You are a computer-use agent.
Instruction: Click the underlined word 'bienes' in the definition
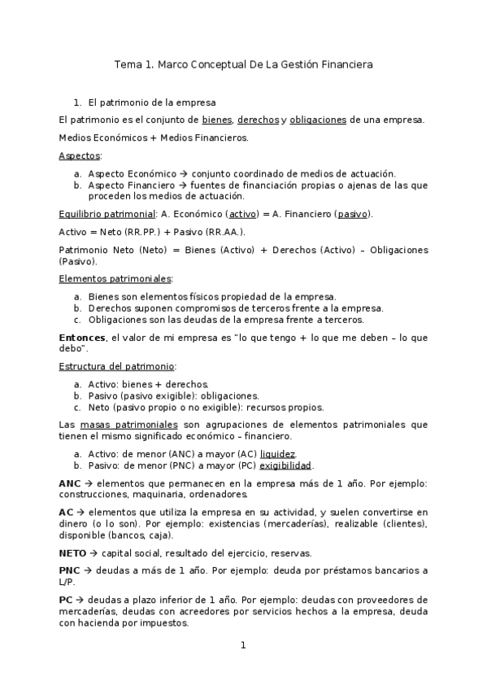pos(216,120)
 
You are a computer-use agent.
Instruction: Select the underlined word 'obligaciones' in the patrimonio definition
pos(318,120)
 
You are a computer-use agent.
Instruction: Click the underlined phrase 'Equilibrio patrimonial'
pos(107,214)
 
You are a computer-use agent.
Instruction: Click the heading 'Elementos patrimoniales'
pos(115,278)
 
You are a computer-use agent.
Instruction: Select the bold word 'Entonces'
pos(82,337)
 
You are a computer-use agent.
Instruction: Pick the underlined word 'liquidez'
pos(278,453)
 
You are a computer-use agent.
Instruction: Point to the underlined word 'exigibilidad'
pos(285,465)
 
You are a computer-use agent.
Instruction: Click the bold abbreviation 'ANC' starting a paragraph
pos(70,483)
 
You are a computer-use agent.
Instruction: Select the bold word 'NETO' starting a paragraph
pos(72,552)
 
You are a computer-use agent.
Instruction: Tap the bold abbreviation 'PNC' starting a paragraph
pos(70,570)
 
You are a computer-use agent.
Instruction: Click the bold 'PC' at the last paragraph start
pos(66,600)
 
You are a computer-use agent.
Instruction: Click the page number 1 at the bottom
pos(242,646)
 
